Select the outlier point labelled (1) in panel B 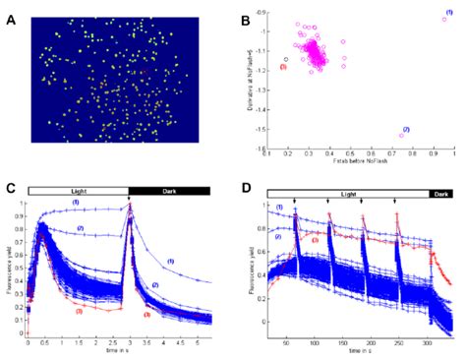tap(444, 19)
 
